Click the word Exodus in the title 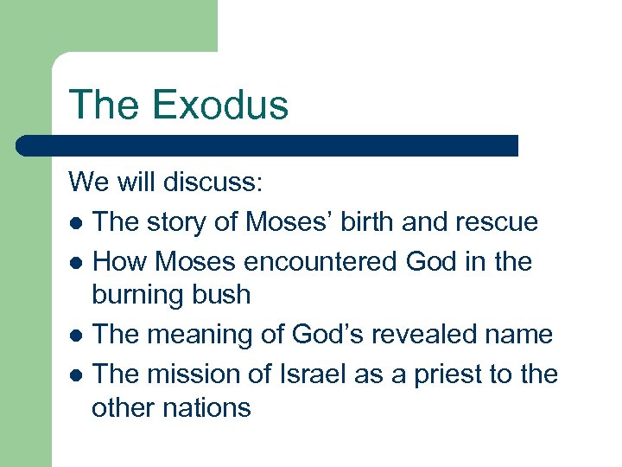click(220, 105)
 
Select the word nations click(209, 408)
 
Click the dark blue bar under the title click(268, 145)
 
